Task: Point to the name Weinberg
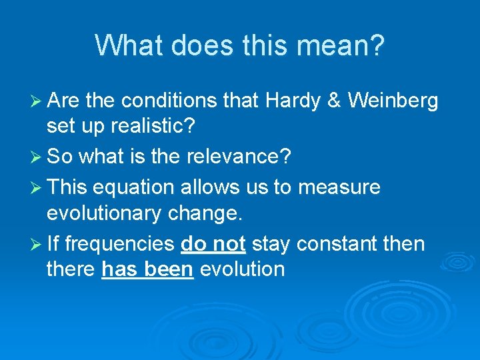pyautogui.click(x=393, y=101)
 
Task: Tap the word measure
pyautogui.click(x=339, y=187)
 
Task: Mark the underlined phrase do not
pyautogui.click(x=213, y=244)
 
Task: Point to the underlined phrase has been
pyautogui.click(x=147, y=269)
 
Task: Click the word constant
pyautogui.click(x=340, y=244)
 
